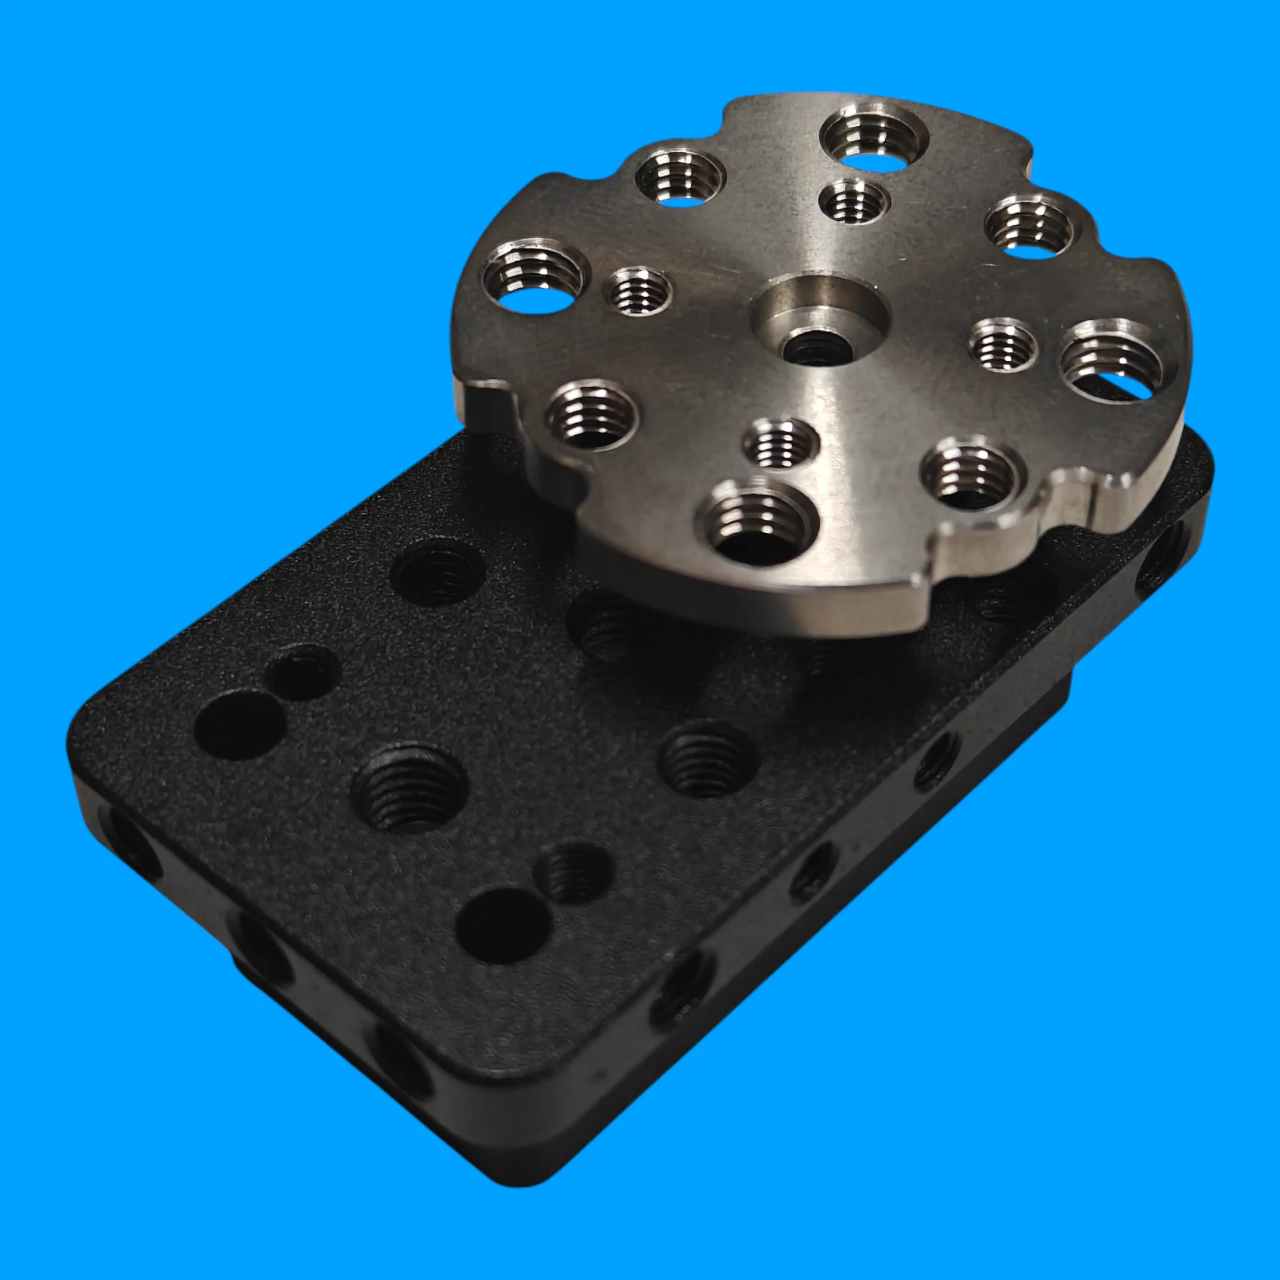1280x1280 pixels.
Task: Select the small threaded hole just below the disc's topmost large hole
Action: [853, 202]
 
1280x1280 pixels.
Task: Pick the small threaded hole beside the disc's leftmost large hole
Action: [640, 290]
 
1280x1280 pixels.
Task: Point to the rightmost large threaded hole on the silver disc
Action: [1114, 361]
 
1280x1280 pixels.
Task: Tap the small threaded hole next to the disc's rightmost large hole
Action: [1003, 344]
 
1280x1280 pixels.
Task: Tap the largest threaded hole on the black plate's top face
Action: [409, 788]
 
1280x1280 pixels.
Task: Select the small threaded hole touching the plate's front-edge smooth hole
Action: [573, 872]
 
